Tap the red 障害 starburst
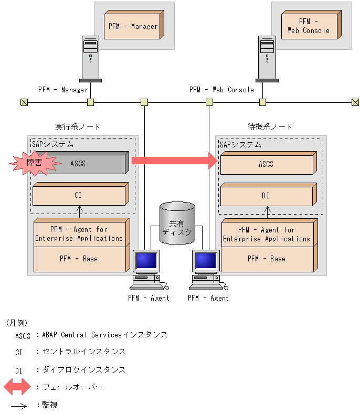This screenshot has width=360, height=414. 34,164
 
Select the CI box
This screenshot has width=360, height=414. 79,195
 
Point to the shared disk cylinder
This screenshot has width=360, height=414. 177,223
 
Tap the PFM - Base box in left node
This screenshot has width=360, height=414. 79,259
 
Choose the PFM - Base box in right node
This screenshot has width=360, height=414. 267,259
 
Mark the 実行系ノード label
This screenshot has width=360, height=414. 78,127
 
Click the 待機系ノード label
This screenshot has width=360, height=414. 270,127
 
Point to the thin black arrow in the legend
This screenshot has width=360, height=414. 19,406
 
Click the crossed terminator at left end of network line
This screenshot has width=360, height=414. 24,102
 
